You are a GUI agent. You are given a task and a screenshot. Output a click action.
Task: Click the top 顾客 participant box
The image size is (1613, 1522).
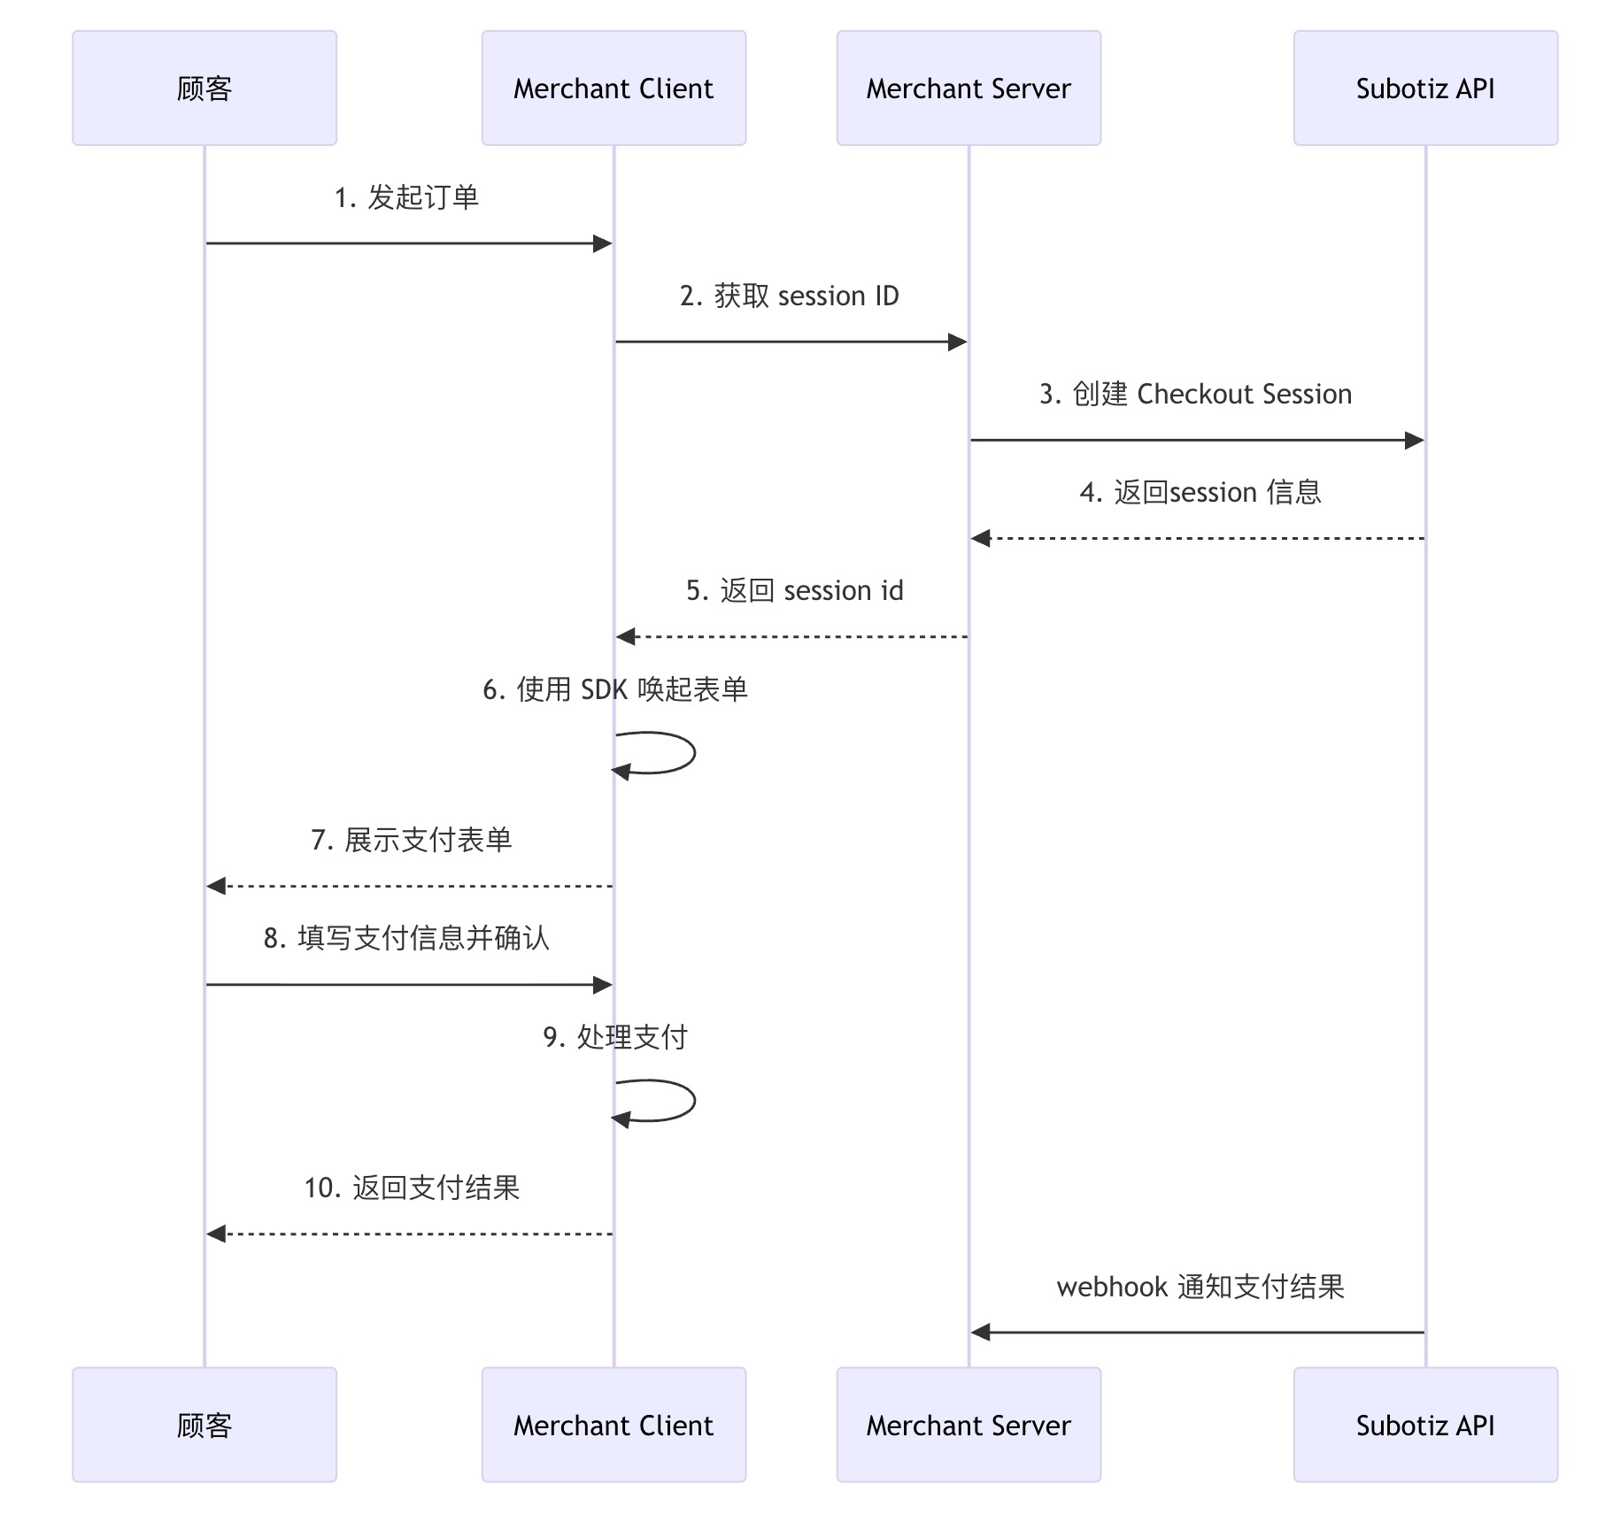pos(204,88)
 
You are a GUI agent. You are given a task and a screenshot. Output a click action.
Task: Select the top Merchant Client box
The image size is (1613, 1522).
pos(614,88)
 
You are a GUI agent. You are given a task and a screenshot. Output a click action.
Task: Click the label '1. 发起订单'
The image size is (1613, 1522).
pos(406,197)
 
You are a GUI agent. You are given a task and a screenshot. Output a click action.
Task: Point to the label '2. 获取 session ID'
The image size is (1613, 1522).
pos(789,296)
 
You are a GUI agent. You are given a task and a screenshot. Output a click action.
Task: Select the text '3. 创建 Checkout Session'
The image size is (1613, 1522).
pos(1195,394)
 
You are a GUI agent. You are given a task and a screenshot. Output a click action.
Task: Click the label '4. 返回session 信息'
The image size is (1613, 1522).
pos(1200,492)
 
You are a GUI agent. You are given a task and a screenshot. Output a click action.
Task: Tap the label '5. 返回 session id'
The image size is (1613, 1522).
pos(794,590)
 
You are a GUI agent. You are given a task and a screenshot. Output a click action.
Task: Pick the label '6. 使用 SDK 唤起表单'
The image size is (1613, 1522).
pos(615,688)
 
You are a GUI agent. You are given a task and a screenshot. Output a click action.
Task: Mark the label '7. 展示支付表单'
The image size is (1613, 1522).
pos(411,840)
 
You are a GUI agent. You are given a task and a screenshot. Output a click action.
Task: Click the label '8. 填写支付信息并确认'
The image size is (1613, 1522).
pos(406,938)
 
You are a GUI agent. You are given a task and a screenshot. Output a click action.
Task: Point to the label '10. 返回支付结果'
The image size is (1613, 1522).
pos(412,1188)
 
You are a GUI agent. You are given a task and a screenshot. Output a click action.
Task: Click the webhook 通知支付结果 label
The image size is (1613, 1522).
pos(1200,1287)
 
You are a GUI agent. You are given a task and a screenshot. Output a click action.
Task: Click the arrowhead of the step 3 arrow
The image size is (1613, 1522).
pos(1414,440)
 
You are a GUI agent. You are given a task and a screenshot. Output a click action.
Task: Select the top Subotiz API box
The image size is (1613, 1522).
pos(1425,88)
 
